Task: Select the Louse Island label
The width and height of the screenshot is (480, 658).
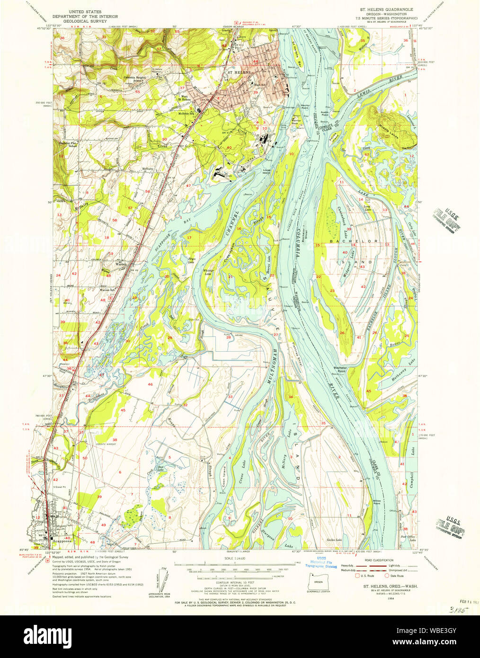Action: click(267, 171)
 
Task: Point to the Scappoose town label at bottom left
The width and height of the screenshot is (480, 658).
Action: click(62, 541)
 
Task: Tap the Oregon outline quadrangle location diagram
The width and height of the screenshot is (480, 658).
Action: click(319, 580)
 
